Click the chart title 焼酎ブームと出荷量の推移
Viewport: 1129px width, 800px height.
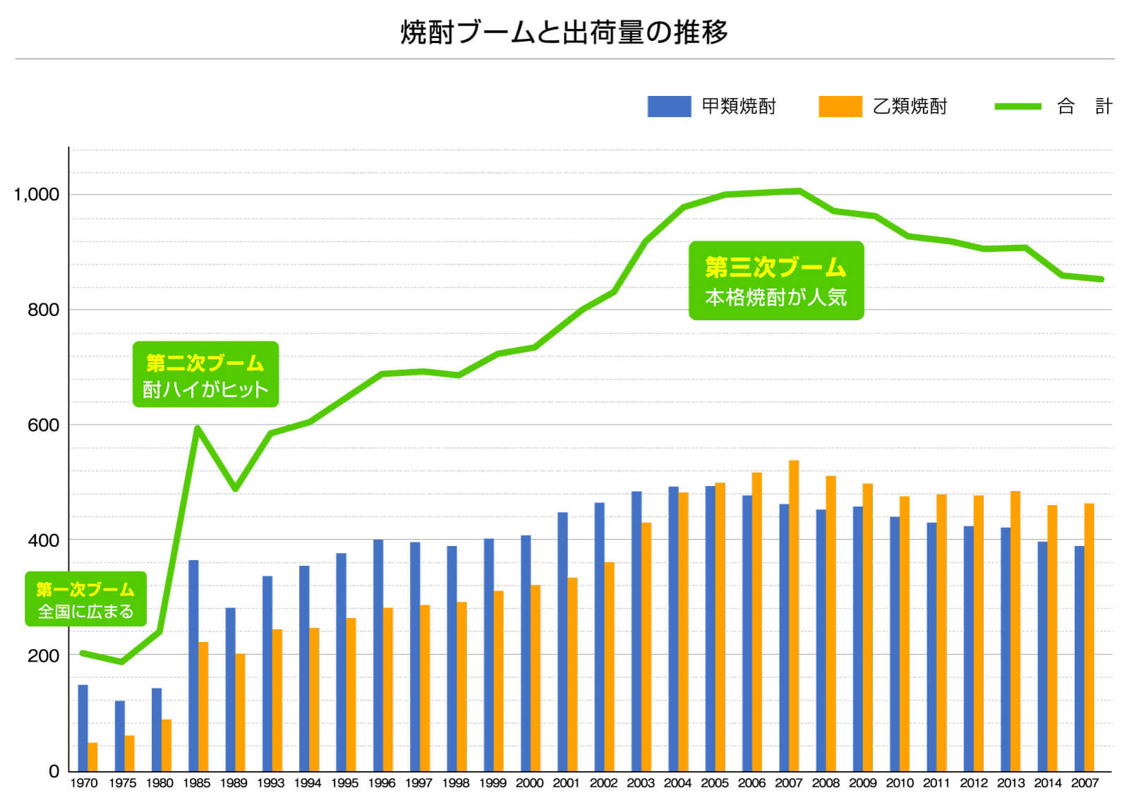tap(564, 32)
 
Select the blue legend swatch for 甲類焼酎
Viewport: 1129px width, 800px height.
tap(669, 107)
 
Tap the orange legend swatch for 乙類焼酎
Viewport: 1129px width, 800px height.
tap(840, 107)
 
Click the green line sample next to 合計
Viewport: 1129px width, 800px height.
tap(1018, 107)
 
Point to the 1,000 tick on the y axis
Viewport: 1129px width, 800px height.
tap(37, 195)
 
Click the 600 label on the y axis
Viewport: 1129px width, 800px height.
tap(43, 425)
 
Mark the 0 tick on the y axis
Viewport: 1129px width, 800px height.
tap(54, 771)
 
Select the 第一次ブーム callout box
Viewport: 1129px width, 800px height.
tap(85, 599)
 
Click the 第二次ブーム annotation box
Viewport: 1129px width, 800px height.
tap(205, 375)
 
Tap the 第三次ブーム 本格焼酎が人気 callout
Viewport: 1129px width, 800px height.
tap(776, 281)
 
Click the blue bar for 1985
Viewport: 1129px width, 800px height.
tap(193, 665)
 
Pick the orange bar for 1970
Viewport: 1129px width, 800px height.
tap(92, 756)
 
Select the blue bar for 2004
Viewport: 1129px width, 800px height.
tap(673, 628)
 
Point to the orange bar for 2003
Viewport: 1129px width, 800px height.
tap(646, 646)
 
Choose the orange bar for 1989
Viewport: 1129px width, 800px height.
tap(240, 712)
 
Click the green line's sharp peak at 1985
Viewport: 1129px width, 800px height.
tap(197, 428)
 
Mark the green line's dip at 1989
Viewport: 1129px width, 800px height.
tap(235, 489)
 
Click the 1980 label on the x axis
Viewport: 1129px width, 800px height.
tap(159, 783)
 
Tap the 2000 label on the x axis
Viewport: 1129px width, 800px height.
tap(529, 783)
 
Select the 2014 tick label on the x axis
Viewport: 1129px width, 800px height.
tap(1047, 783)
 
